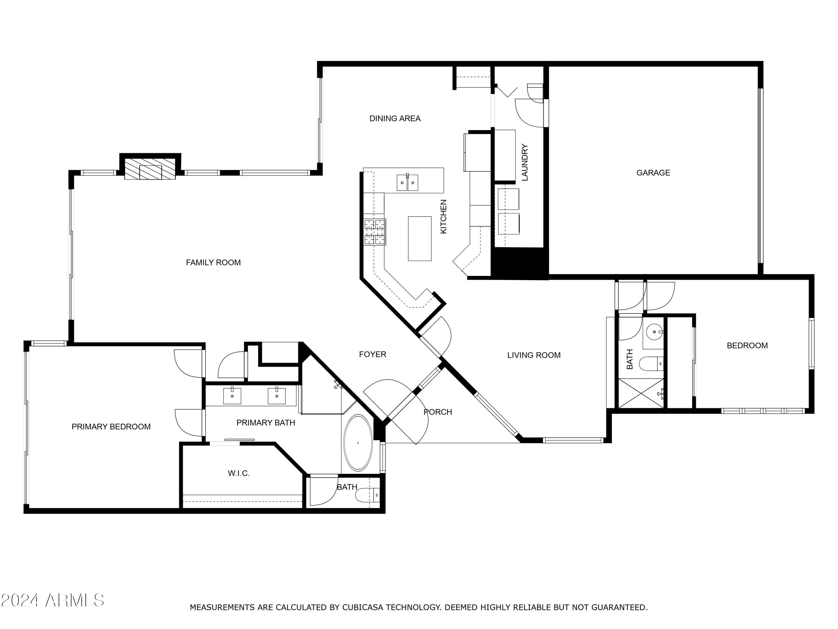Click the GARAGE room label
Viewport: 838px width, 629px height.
coord(653,173)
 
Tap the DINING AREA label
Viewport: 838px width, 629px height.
coord(395,119)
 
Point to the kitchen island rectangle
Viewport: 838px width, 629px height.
coord(419,238)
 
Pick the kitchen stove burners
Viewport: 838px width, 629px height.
coord(375,232)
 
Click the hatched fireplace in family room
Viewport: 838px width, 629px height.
coord(150,172)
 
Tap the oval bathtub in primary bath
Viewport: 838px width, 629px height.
coord(358,443)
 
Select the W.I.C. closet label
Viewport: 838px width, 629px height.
coord(238,473)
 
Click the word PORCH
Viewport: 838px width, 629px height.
coord(437,412)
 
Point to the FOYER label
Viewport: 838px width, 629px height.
coord(372,354)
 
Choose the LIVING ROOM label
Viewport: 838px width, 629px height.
coord(534,355)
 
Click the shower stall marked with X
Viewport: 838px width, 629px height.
coord(641,393)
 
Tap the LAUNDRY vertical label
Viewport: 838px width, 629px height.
coord(525,162)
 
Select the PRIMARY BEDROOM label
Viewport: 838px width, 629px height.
coord(111,427)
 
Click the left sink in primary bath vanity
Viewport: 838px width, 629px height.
coord(232,396)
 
